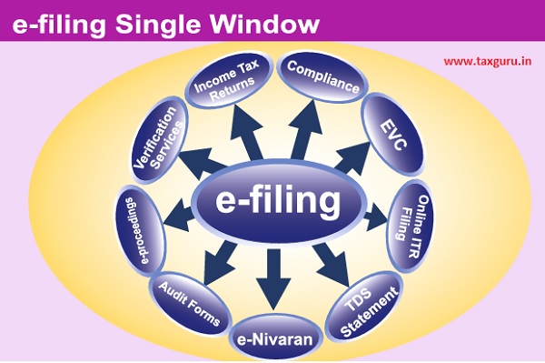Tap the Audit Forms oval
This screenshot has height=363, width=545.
coord(186,299)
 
